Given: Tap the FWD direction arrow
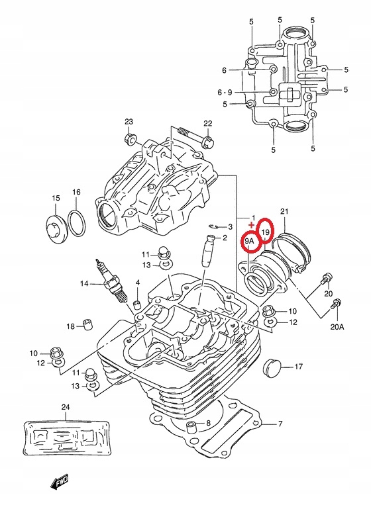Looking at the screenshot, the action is [60, 481].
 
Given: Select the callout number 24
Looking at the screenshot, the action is [66, 407].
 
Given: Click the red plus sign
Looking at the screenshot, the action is [252, 224].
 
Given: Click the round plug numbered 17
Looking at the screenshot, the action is [272, 367].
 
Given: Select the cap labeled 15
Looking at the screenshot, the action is [56, 228].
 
